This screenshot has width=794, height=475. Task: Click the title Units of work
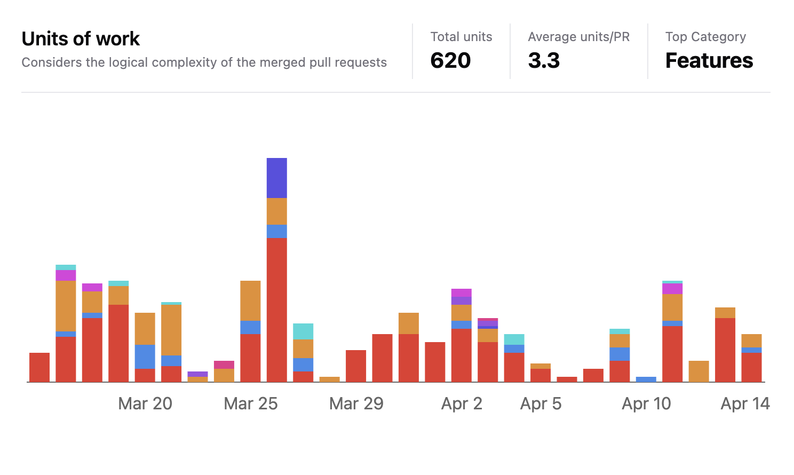[x=81, y=39]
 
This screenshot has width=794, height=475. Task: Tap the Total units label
[x=461, y=37]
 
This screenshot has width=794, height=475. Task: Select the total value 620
[x=450, y=60]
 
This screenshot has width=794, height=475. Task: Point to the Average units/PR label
[x=578, y=37]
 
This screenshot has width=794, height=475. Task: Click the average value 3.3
[x=544, y=60]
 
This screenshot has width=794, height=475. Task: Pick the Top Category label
[x=705, y=37]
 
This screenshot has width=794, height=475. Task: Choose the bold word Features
[x=709, y=60]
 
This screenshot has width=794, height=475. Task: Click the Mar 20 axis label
[x=145, y=403]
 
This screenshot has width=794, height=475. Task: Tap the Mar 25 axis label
[x=251, y=403]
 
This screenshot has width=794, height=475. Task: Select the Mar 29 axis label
[x=356, y=403]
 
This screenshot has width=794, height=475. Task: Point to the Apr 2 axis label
[x=462, y=403]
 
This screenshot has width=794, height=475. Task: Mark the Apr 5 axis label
[x=541, y=403]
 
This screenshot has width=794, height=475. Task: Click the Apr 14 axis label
[x=745, y=403]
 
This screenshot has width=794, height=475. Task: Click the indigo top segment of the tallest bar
[x=277, y=178]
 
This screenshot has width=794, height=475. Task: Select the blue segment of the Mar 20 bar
[x=145, y=357]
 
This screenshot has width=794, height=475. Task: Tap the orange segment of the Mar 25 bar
[x=251, y=300]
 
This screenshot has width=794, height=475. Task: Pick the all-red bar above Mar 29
[x=356, y=366]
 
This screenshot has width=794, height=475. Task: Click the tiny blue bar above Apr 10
[x=646, y=379]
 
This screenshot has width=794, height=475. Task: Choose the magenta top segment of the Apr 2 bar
[x=462, y=292]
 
